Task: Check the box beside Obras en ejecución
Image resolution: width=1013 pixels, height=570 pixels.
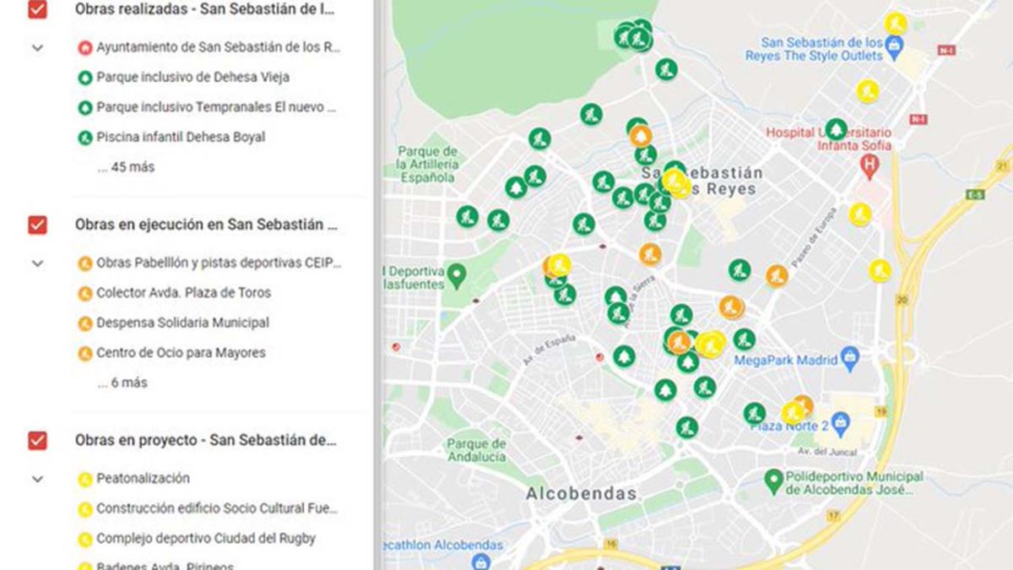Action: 37,225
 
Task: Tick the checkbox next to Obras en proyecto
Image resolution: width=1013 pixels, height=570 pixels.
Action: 37,440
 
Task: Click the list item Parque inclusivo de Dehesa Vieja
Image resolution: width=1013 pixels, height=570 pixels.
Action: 192,77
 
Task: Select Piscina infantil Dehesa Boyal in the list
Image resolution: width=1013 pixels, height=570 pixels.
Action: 181,137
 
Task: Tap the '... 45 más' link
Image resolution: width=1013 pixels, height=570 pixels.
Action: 126,167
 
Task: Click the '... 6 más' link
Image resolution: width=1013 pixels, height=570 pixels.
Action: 122,383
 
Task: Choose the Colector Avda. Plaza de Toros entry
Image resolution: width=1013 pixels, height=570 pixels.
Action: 183,293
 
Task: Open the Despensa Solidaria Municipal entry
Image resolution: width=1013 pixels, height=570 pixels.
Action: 182,323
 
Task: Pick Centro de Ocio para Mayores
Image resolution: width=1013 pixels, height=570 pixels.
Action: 181,353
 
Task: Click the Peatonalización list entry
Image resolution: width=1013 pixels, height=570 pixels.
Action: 143,478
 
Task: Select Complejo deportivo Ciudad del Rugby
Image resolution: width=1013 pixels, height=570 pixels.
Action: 205,538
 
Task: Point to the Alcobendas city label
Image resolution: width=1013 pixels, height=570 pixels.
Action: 581,493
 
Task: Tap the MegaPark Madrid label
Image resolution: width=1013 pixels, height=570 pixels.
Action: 785,361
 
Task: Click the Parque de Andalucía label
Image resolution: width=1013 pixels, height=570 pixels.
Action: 477,450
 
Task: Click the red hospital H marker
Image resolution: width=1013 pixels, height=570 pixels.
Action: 869,167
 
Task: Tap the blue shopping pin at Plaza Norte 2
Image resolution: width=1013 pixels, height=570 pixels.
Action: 839,421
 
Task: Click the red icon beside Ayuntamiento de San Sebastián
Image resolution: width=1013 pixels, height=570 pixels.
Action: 84,47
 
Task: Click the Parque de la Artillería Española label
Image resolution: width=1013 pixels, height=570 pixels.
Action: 429,165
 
